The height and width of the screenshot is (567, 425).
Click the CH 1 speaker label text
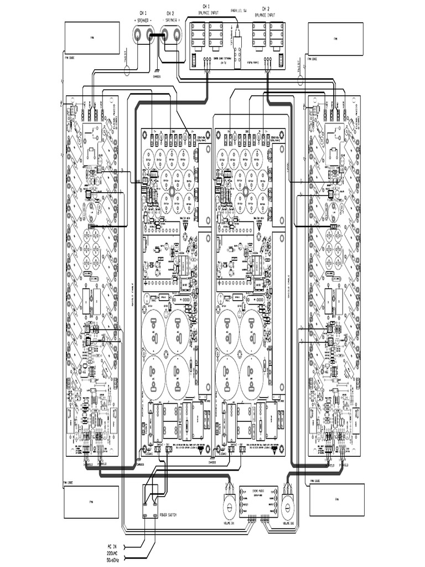[143, 13]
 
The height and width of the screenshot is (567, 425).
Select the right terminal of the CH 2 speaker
[177, 35]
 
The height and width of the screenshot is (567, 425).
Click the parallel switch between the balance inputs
[237, 41]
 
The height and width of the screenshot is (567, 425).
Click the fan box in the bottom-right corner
[336, 501]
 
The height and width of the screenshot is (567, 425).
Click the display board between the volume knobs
[257, 499]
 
